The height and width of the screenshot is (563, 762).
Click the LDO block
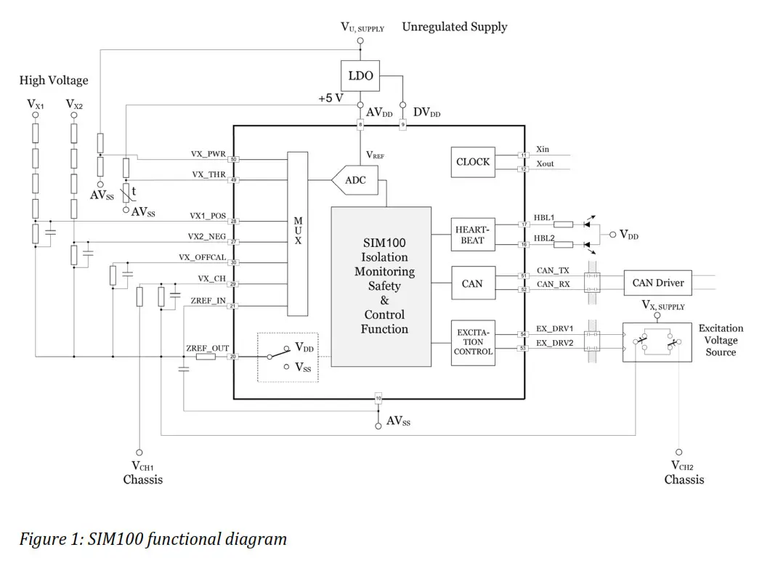(360, 76)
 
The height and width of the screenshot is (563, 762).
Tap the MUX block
(298, 233)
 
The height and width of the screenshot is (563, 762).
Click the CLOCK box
(473, 162)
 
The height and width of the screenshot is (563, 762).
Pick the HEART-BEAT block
(472, 235)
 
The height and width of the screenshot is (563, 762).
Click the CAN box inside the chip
(472, 283)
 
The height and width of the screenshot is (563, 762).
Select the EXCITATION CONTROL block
(473, 341)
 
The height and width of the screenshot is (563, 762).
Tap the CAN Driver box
(658, 283)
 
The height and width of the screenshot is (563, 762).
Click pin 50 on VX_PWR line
(233, 159)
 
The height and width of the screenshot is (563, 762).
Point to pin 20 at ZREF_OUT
(233, 357)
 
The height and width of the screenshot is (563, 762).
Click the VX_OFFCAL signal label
(203, 257)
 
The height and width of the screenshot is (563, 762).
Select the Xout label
(545, 164)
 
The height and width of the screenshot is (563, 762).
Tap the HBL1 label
(545, 218)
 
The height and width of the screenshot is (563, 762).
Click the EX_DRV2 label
(554, 342)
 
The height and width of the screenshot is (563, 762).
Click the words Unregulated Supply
(455, 27)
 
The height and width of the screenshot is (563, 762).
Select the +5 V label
(331, 98)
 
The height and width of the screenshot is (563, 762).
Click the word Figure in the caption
(42, 539)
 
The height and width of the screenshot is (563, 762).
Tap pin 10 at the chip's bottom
(378, 398)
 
